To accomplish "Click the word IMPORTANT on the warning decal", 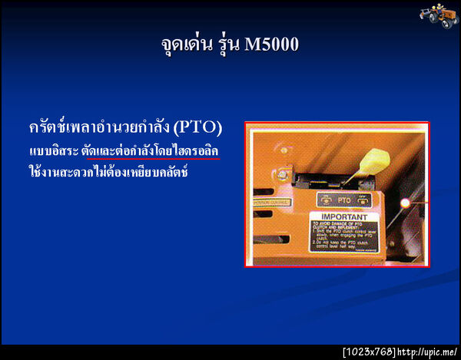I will pos(342,218).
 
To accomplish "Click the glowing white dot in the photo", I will pos(405,203).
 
